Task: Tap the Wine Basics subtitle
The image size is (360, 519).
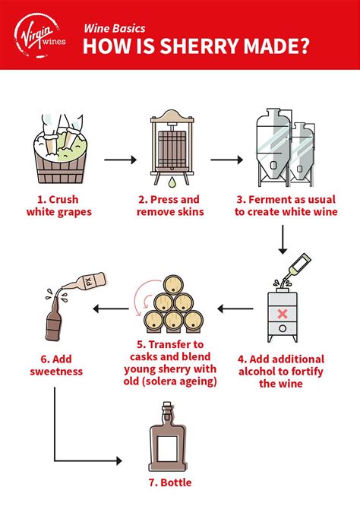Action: [x=112, y=24]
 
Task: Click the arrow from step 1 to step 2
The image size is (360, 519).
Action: [x=119, y=161]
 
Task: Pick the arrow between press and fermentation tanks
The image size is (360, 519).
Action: [x=226, y=161]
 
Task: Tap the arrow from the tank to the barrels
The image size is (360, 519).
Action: [x=235, y=309]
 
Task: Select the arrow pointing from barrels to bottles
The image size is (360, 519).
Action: [x=109, y=309]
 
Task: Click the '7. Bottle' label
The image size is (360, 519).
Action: [x=171, y=483]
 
